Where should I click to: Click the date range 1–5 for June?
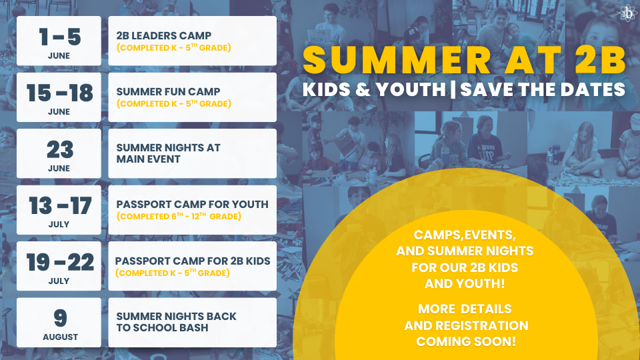click(x=59, y=37)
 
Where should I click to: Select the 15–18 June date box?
click(x=59, y=97)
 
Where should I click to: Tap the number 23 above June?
click(x=60, y=149)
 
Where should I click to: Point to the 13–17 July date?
click(x=60, y=205)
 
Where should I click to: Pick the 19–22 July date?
click(x=60, y=262)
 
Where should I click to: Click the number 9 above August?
click(x=60, y=318)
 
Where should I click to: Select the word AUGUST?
click(x=60, y=337)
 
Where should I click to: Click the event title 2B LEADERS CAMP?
click(x=164, y=35)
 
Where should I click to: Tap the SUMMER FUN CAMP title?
click(x=168, y=92)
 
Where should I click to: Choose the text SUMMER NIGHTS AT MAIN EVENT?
click(x=168, y=153)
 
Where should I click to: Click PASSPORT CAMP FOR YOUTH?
click(x=192, y=204)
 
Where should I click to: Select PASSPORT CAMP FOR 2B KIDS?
click(x=193, y=261)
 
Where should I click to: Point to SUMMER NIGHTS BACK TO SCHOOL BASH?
click(x=176, y=322)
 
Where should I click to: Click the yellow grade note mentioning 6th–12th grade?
click(x=179, y=216)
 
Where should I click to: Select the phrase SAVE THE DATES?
click(x=543, y=89)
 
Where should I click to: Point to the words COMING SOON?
click(x=466, y=341)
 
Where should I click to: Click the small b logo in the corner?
click(x=628, y=13)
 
